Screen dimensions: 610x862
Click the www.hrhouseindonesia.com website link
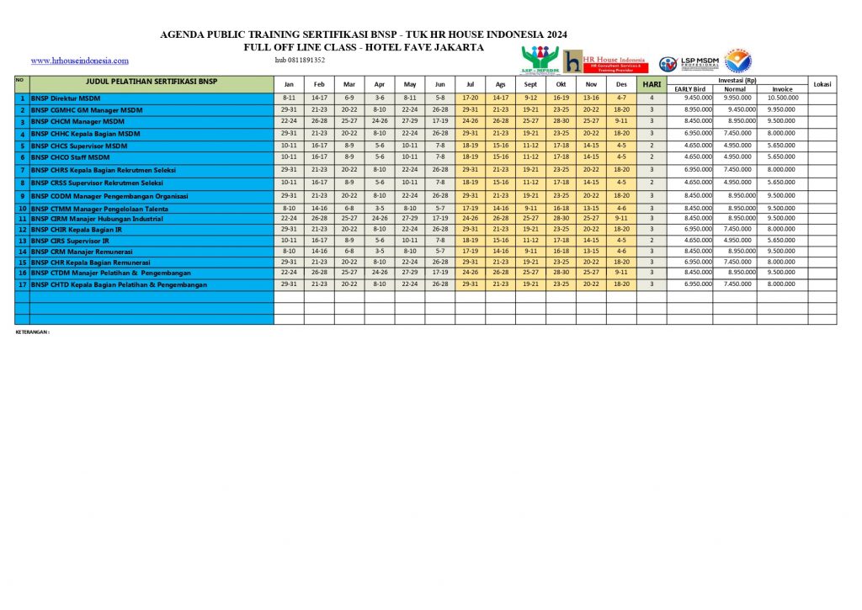79,61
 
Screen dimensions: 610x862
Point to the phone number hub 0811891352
300,61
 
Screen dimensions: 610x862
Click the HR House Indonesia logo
604,61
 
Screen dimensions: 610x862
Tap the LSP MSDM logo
689,63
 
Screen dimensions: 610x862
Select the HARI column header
652,84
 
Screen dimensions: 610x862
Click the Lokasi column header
822,84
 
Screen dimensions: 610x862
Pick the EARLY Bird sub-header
689,88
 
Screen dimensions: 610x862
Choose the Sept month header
530,84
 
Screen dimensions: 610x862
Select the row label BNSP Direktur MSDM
66,98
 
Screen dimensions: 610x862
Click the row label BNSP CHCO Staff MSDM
70,157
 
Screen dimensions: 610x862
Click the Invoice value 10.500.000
782,98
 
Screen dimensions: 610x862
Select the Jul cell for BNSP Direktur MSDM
470,98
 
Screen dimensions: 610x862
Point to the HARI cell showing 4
652,98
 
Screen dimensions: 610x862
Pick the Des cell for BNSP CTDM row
621,273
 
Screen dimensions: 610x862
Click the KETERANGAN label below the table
33,332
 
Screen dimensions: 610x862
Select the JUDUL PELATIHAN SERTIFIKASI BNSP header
152,82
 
